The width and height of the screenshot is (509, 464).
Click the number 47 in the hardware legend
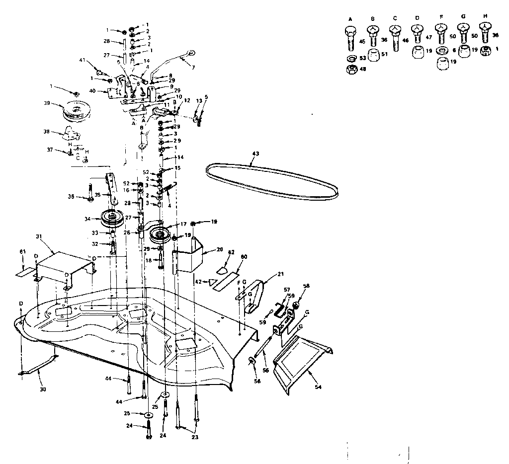click(428, 37)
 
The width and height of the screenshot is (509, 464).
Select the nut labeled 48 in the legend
click(352, 70)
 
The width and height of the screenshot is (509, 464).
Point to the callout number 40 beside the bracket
click(92, 90)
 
